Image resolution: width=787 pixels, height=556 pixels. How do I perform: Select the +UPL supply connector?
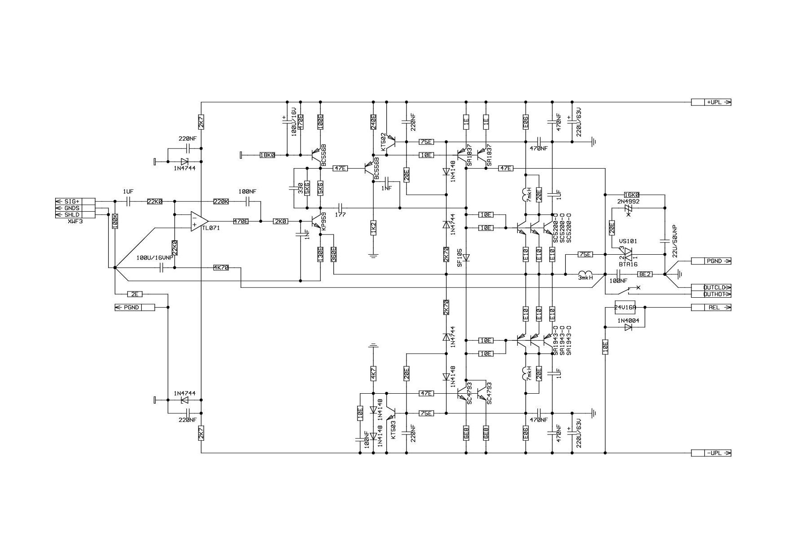[711, 102]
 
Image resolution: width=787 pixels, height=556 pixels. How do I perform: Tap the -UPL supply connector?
[711, 453]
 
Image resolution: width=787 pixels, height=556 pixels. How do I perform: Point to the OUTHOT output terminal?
[711, 294]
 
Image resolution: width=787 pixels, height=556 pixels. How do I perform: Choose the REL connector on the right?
[711, 308]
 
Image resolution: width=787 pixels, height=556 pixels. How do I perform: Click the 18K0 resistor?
[267, 155]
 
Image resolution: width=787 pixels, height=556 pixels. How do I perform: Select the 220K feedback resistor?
[221, 202]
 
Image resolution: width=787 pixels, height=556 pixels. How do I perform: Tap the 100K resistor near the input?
[115, 222]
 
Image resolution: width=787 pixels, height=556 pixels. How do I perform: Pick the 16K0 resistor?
[632, 195]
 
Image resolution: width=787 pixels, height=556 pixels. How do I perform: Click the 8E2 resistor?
[645, 274]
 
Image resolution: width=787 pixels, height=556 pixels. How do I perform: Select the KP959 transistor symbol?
[317, 222]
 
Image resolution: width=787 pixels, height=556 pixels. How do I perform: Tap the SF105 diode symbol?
[466, 258]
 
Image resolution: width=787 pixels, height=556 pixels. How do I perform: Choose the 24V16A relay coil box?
[625, 308]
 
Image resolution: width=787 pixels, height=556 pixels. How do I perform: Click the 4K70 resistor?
[221, 268]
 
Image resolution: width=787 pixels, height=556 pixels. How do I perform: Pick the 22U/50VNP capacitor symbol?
[665, 241]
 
